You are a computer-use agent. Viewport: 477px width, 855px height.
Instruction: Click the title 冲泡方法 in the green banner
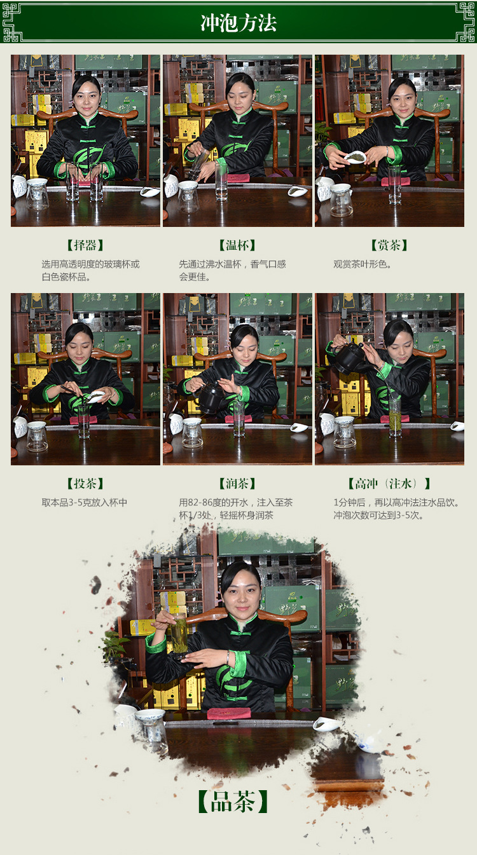tap(238, 24)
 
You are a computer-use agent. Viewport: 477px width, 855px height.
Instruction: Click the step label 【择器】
tap(85, 245)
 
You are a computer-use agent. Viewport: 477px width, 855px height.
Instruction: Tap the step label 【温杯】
tap(237, 245)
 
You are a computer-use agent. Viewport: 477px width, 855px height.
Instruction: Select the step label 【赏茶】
tap(389, 245)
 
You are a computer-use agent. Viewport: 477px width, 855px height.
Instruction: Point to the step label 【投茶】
tap(85, 484)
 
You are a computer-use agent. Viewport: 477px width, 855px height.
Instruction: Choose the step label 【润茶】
tap(237, 484)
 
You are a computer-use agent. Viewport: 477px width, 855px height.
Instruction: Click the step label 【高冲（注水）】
tap(389, 484)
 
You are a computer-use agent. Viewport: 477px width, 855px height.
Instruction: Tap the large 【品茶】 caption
tap(233, 802)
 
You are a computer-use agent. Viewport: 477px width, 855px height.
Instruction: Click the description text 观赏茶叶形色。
tap(363, 264)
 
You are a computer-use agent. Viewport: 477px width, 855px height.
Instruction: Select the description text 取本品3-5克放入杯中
tap(85, 503)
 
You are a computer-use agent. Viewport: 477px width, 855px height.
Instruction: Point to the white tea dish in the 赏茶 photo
tap(355, 157)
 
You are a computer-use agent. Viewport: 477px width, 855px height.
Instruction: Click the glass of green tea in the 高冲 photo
tap(395, 417)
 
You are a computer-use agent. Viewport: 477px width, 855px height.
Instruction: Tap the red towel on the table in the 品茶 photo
tap(229, 713)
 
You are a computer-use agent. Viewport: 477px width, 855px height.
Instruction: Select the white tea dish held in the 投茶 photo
tap(95, 397)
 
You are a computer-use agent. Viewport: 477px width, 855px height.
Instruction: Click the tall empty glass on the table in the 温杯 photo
tap(221, 181)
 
